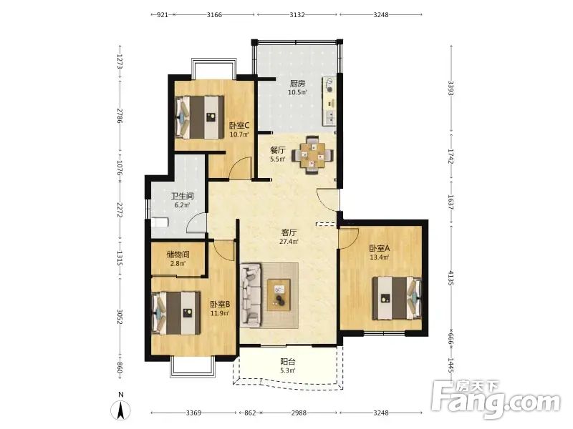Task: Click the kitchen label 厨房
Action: click(297, 84)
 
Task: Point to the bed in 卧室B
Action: click(176, 312)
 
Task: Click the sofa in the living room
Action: click(251, 295)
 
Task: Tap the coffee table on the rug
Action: click(279, 295)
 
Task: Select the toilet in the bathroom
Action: click(159, 222)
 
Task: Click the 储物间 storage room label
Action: click(178, 255)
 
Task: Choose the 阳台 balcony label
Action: click(288, 362)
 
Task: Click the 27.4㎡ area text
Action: click(289, 241)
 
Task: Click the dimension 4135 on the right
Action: click(451, 277)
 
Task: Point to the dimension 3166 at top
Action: click(214, 14)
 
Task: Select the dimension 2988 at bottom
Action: click(299, 413)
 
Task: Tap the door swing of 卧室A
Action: click(349, 239)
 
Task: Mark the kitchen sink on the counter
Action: click(331, 116)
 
